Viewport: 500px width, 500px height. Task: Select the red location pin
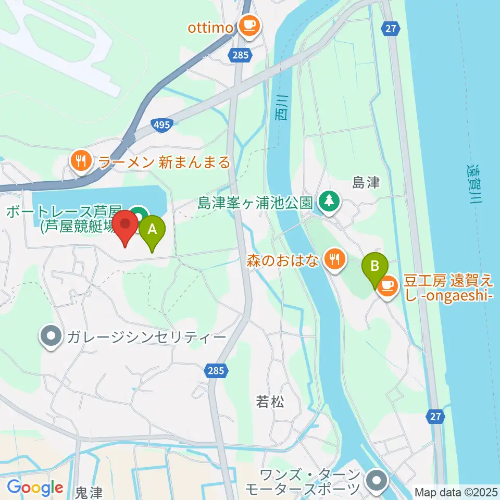coord(126,227)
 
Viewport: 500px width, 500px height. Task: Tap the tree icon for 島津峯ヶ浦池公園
coord(329,201)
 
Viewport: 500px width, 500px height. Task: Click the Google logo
coord(35,488)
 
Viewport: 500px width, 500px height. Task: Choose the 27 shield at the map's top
coord(391,28)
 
